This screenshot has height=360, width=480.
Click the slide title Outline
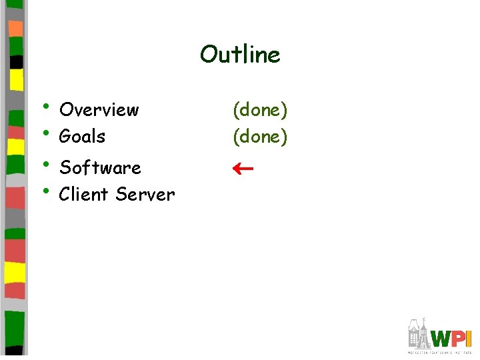click(240, 54)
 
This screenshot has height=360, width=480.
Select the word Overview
click(99, 109)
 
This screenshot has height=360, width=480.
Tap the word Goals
click(82, 137)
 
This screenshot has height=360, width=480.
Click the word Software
click(100, 167)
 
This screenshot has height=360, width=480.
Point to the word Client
click(84, 195)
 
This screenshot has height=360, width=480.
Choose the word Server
click(145, 195)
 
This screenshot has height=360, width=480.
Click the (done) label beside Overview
click(260, 110)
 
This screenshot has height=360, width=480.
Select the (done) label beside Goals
click(260, 137)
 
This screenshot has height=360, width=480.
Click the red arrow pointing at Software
click(242, 169)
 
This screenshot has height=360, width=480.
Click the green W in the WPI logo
click(441, 337)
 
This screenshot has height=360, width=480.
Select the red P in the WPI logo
click(459, 337)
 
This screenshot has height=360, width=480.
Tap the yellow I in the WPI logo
click(469, 337)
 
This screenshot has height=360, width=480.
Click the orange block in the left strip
click(15, 28)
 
